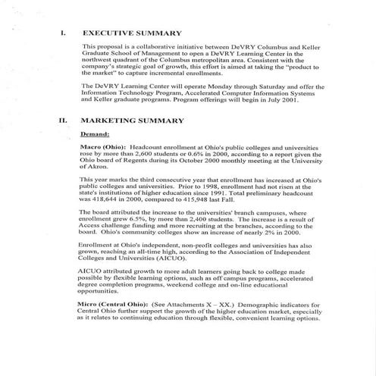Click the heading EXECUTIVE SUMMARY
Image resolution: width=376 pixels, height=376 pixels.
[132, 34]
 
